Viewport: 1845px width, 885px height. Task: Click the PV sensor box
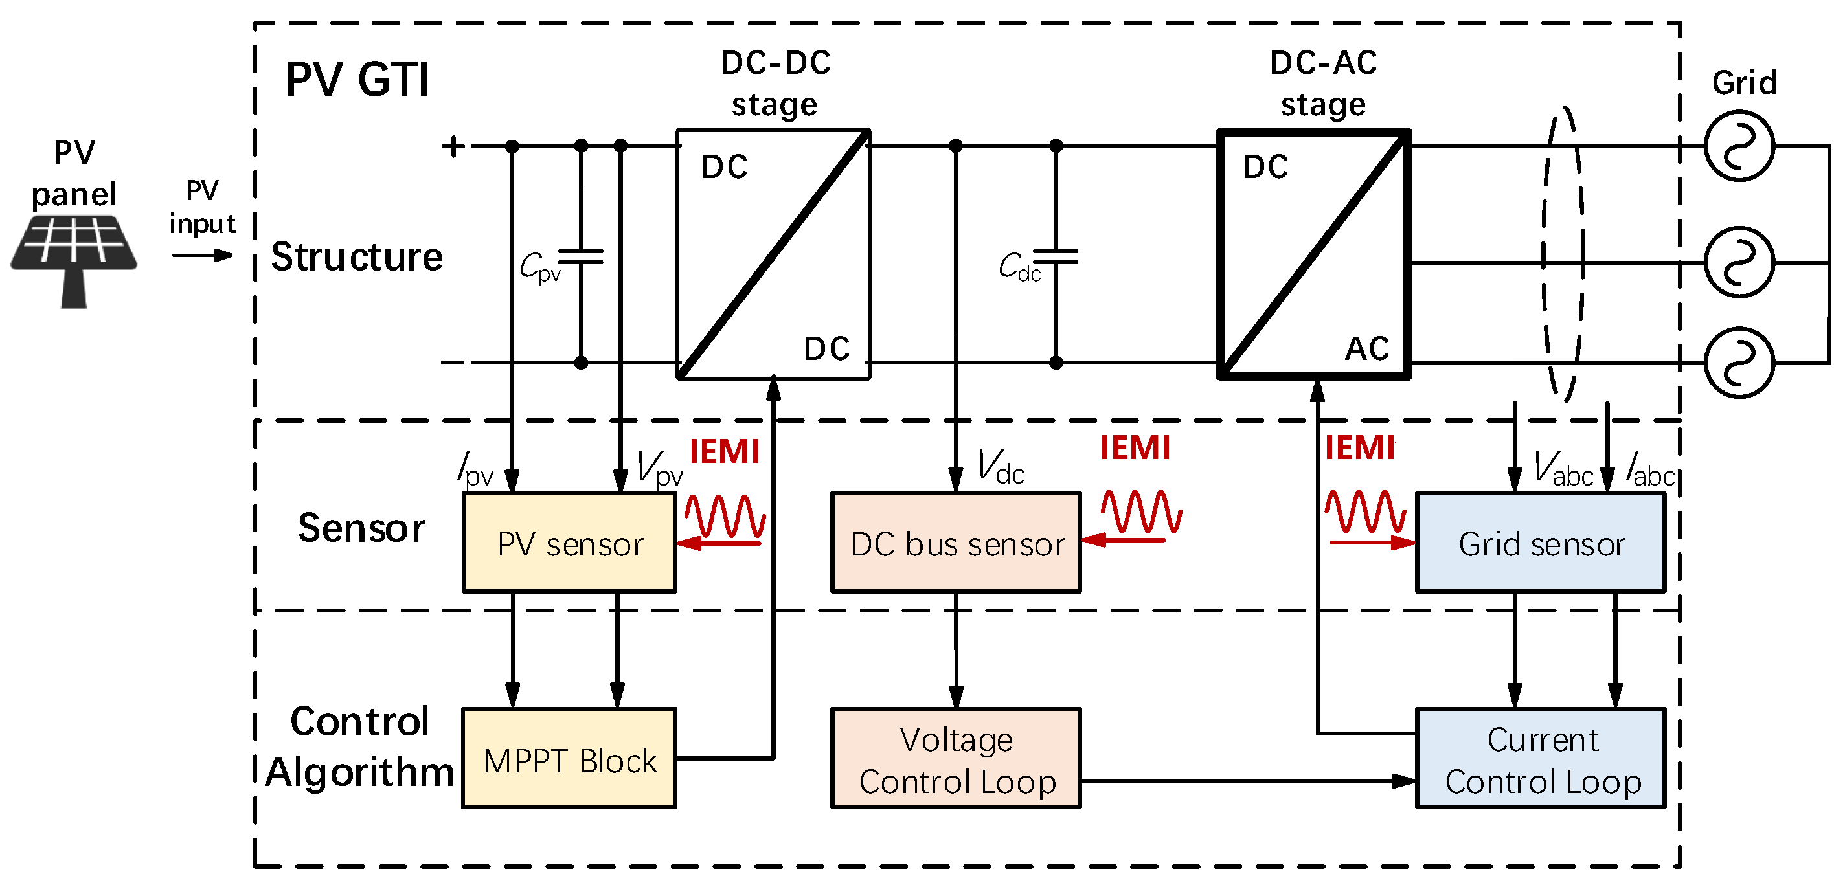tap(569, 542)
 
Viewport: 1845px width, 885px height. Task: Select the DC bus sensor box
tap(955, 542)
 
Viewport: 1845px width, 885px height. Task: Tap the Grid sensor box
tap(1540, 542)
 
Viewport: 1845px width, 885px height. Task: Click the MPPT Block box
tap(569, 759)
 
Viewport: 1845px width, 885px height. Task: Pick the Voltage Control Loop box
tap(955, 759)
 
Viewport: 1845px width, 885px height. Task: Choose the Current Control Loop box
tap(1540, 759)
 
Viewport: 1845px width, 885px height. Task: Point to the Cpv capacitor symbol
tap(581, 256)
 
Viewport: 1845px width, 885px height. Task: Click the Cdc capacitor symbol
tap(1056, 256)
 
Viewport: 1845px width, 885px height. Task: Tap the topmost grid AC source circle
tap(1738, 146)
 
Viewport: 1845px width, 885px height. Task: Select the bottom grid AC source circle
tap(1738, 363)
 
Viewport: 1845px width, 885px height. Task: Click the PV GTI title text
tap(357, 79)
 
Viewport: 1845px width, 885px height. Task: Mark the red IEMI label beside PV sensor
tap(724, 452)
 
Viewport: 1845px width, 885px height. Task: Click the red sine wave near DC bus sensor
tap(1141, 511)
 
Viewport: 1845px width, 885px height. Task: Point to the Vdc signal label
tap(1001, 467)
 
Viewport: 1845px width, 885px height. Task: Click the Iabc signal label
tap(1649, 469)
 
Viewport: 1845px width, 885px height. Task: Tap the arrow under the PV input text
tap(202, 255)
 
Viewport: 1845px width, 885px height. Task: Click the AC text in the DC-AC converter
tap(1366, 349)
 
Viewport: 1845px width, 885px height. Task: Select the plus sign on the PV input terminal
tap(453, 146)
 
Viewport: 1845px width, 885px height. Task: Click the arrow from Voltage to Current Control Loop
tap(1246, 781)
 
